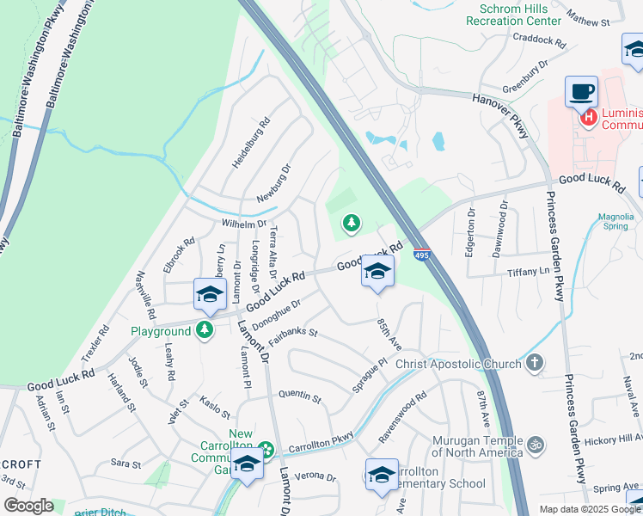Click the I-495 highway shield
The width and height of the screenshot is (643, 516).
pyautogui.click(x=421, y=255)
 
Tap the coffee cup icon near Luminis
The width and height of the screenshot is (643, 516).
pyautogui.click(x=582, y=89)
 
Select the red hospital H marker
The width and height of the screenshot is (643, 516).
pyautogui.click(x=589, y=117)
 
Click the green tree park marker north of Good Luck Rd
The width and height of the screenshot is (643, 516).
pyautogui.click(x=351, y=224)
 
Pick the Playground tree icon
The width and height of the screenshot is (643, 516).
pyautogui.click(x=205, y=330)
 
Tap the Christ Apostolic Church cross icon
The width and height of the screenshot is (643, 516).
pyautogui.click(x=534, y=363)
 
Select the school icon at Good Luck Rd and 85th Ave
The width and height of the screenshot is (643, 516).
pyautogui.click(x=377, y=271)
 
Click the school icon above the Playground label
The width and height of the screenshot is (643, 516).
pyautogui.click(x=209, y=295)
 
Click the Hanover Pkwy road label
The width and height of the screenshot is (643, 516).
pyautogui.click(x=503, y=108)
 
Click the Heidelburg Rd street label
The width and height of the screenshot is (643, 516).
pyautogui.click(x=250, y=143)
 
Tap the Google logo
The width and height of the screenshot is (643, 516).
pyautogui.click(x=28, y=506)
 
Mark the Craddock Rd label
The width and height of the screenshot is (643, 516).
pyautogui.click(x=539, y=40)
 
